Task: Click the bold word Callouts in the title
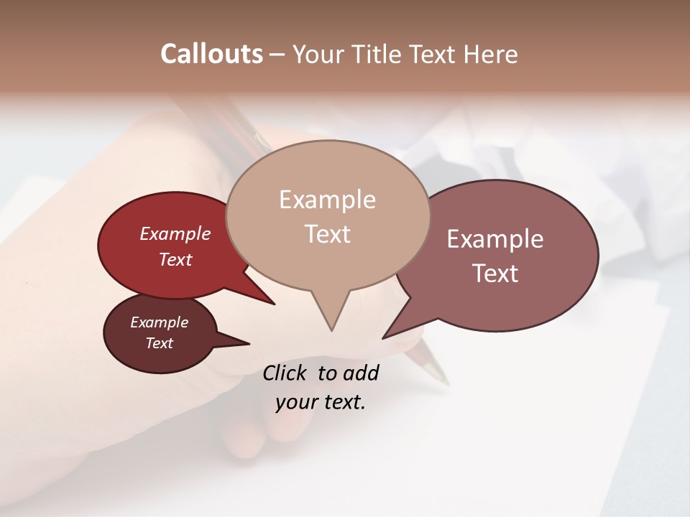click(211, 54)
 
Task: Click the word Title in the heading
click(380, 54)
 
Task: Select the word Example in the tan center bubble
click(327, 200)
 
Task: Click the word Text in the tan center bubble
click(327, 234)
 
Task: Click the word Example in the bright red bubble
click(175, 234)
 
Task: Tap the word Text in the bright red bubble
click(175, 259)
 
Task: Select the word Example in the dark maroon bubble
click(159, 322)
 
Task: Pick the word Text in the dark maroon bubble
click(159, 343)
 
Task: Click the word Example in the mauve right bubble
click(495, 239)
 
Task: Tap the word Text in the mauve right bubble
click(495, 274)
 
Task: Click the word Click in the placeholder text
click(286, 373)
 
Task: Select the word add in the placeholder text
click(361, 373)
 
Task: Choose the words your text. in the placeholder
click(321, 401)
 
